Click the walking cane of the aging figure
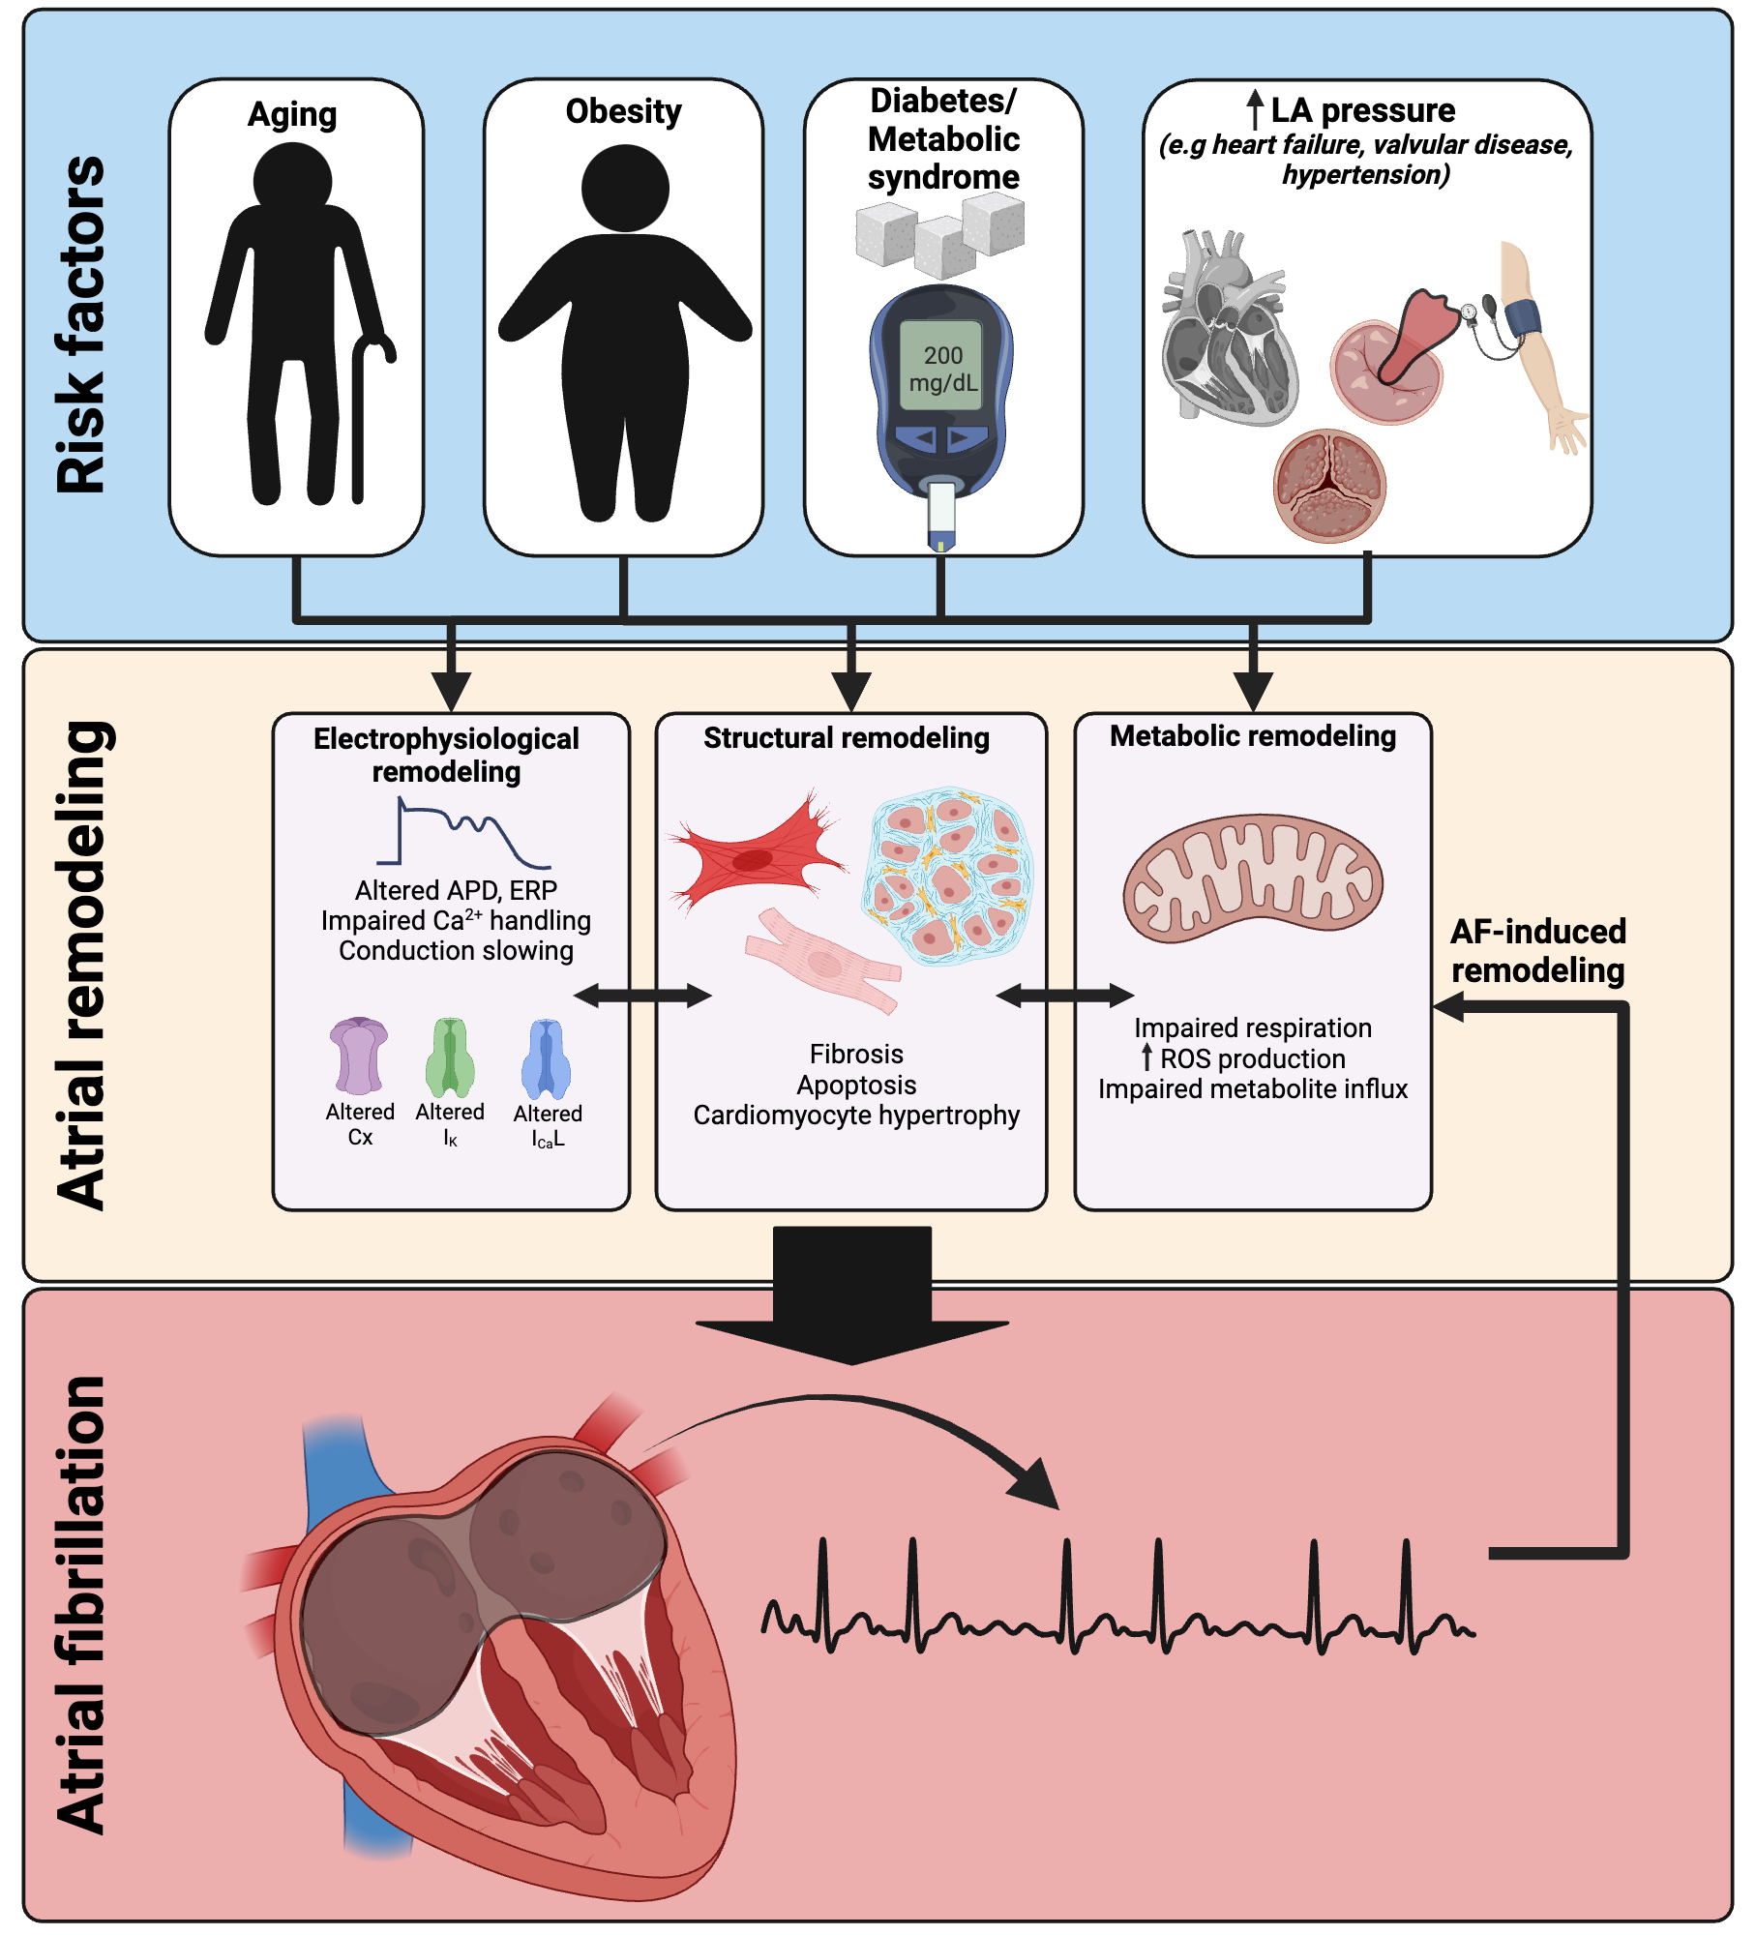[x=359, y=426]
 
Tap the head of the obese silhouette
[x=625, y=189]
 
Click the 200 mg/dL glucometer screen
[x=941, y=368]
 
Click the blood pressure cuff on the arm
[x=1522, y=317]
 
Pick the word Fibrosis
[x=856, y=1054]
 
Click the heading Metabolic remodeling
[x=1253, y=736]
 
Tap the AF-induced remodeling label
[x=1537, y=951]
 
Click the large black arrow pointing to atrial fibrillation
[x=851, y=1296]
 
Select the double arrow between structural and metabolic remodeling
[x=1064, y=995]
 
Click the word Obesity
[x=623, y=111]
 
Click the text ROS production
[x=1253, y=1058]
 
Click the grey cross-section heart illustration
[x=1229, y=329]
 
